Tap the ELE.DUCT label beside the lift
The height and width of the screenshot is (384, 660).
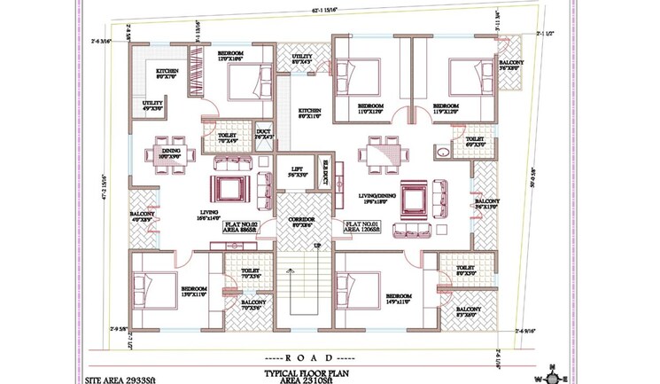click(x=325, y=174)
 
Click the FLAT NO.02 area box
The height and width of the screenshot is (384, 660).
click(x=241, y=227)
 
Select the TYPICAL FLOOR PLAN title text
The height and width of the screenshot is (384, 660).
click(x=301, y=374)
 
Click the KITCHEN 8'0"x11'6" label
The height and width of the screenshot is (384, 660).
click(x=309, y=114)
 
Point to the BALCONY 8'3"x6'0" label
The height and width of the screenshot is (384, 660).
click(x=469, y=312)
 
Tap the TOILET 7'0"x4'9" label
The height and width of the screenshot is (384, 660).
click(x=229, y=136)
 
